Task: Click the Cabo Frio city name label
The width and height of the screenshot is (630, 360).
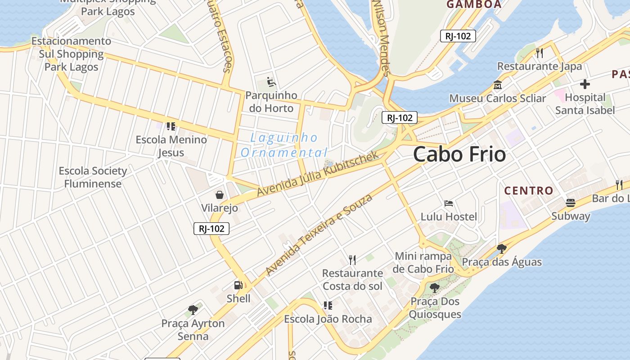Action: tap(459, 154)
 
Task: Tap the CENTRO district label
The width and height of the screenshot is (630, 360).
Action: tap(528, 190)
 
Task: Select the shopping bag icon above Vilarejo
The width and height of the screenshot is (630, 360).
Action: tap(220, 195)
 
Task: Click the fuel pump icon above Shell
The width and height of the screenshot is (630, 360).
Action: tap(238, 285)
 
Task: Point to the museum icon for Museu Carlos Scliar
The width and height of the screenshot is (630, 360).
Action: tap(498, 85)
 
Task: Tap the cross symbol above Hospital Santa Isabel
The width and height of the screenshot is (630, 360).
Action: tap(585, 84)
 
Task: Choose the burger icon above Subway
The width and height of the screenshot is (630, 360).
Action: tap(571, 202)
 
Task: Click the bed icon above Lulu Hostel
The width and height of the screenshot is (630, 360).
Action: tap(448, 203)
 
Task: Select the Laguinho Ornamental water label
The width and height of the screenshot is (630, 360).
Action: tap(284, 145)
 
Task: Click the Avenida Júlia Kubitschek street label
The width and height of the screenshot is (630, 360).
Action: tap(318, 174)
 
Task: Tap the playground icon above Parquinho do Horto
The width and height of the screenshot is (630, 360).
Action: tap(271, 82)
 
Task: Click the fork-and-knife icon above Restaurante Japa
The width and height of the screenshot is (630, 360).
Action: tap(540, 53)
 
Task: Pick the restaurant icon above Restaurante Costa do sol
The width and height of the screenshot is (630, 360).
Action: tap(352, 260)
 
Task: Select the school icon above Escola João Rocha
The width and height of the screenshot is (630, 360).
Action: tap(328, 306)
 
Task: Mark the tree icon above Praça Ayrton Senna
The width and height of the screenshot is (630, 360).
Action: tap(193, 310)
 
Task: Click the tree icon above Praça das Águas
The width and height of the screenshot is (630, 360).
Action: tap(502, 248)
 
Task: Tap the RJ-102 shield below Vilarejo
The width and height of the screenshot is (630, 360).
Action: tap(211, 229)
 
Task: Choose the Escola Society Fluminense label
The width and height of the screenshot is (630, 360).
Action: tap(93, 177)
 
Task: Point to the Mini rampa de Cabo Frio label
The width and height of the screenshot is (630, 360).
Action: tap(423, 263)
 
